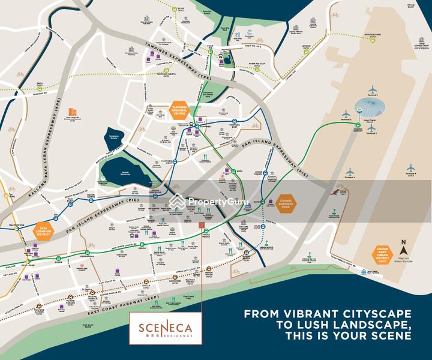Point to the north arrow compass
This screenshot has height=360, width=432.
pos(404,247)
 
